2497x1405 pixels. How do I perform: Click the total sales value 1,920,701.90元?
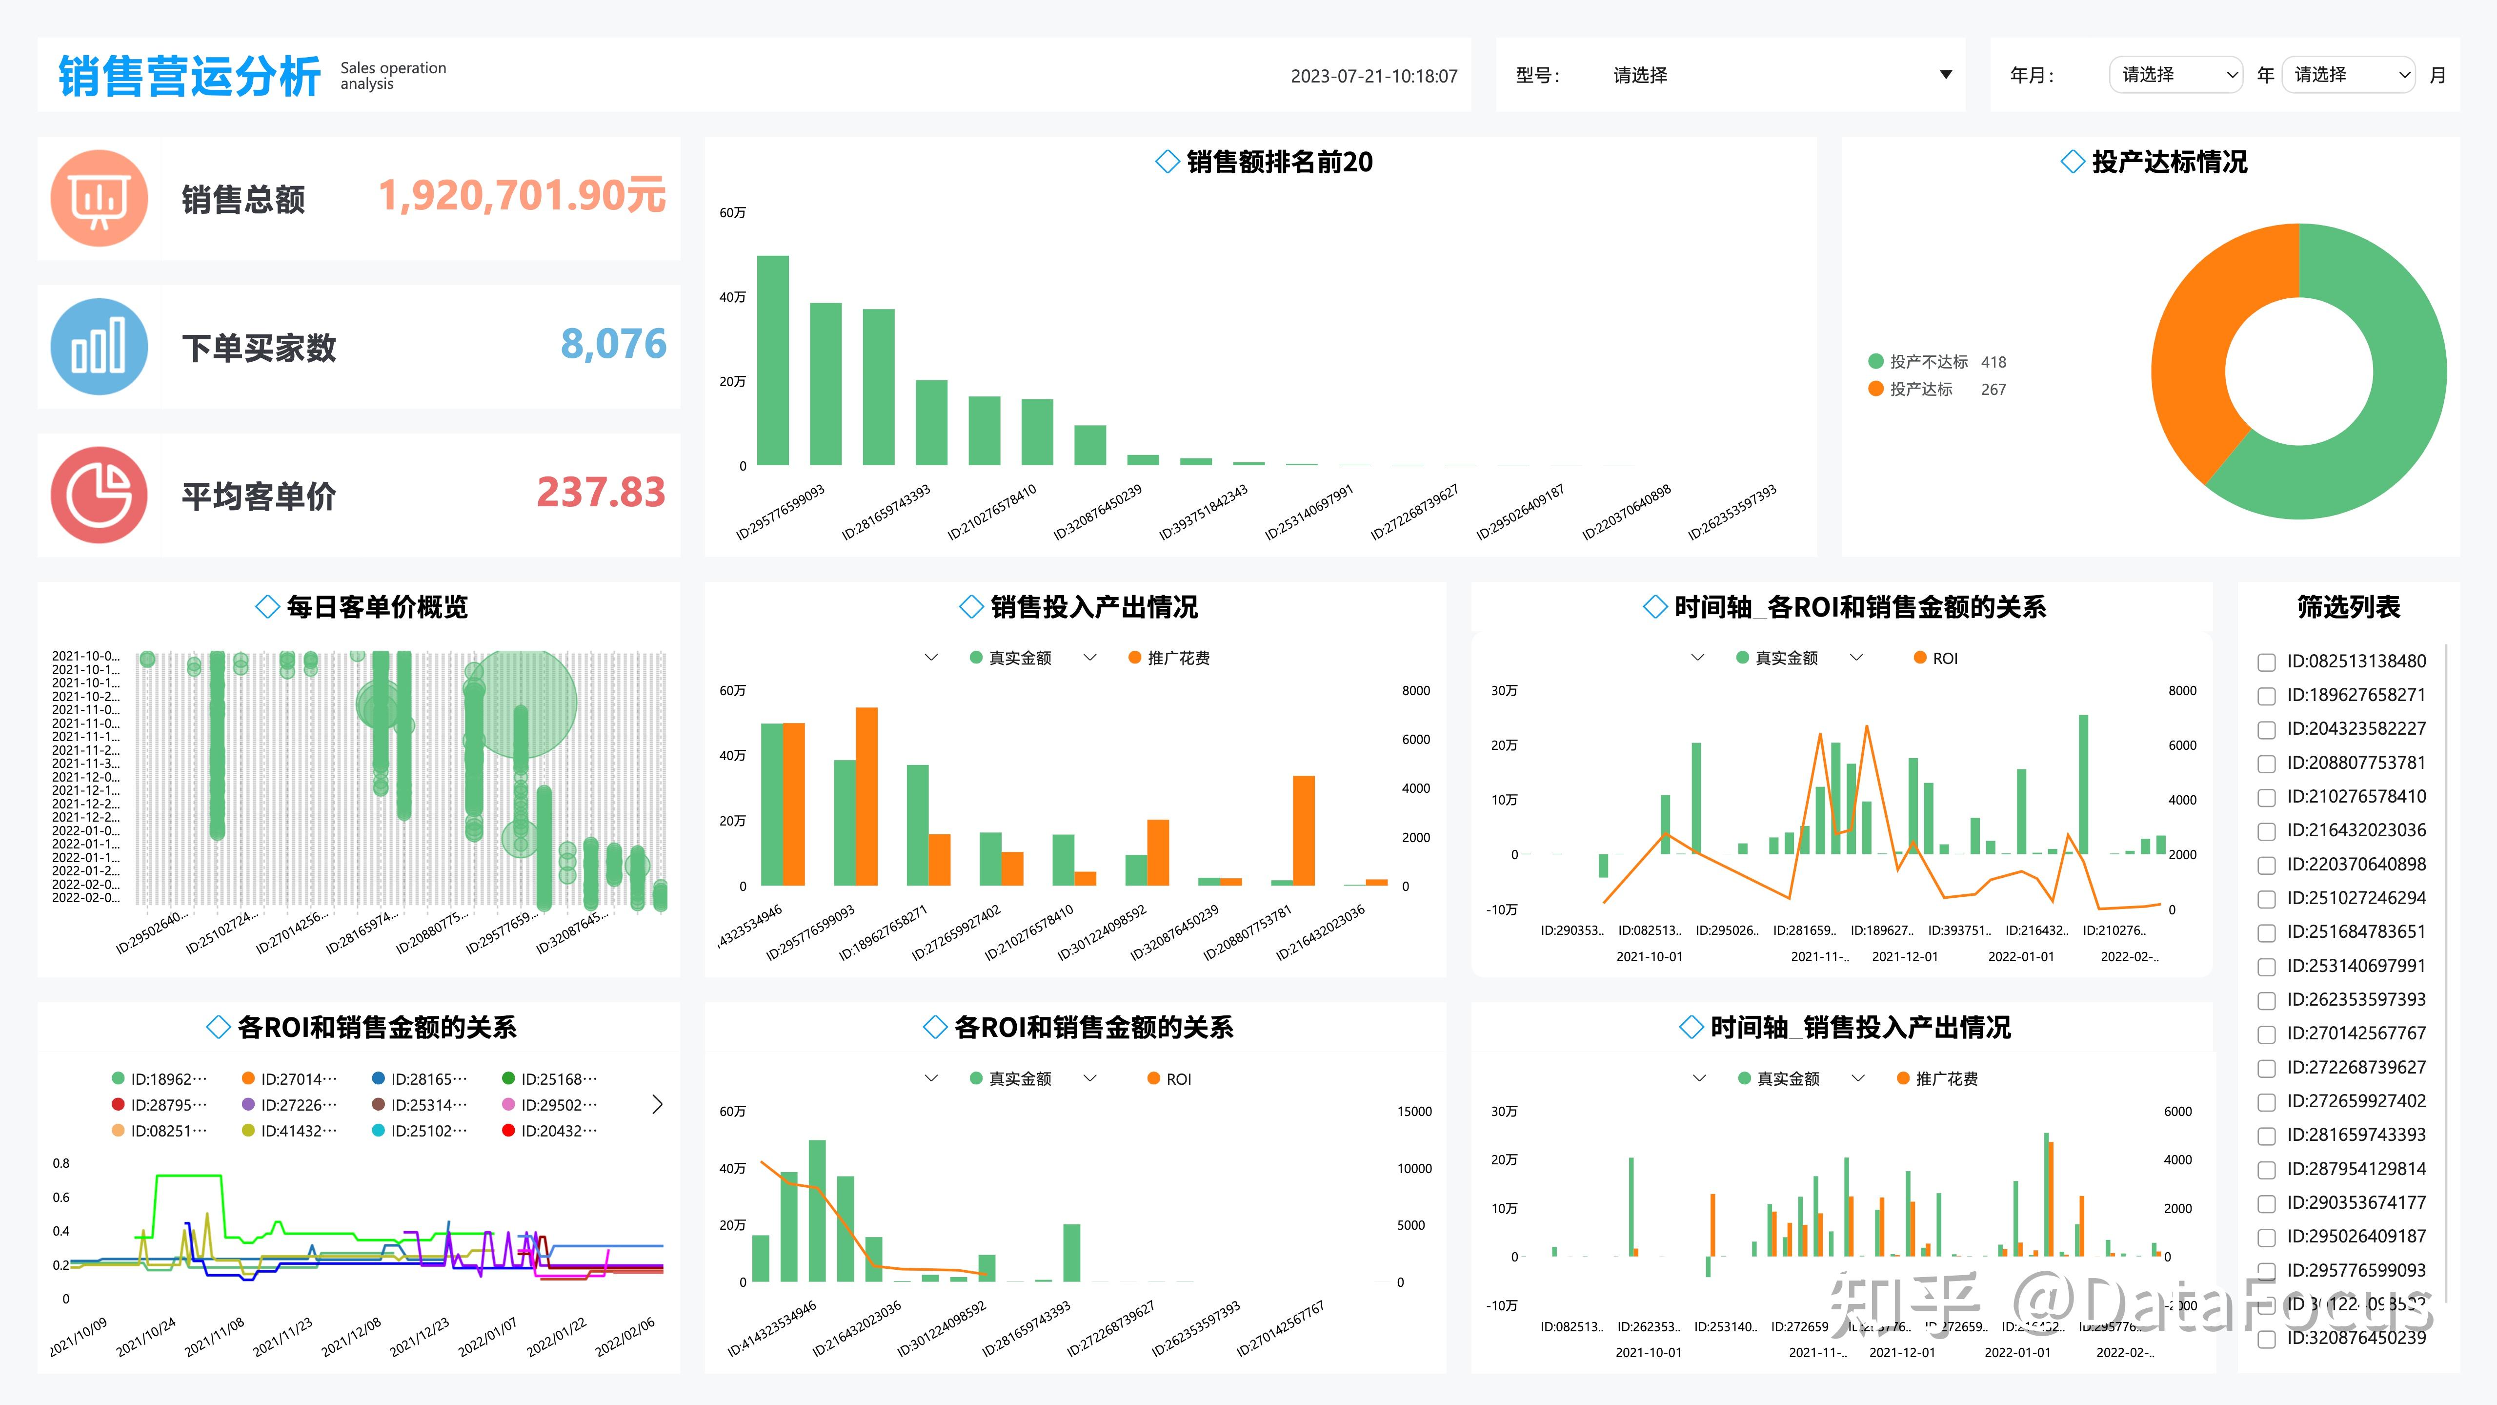coord(522,196)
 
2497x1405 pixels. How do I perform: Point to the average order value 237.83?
coord(601,493)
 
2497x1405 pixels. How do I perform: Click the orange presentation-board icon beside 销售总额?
coord(99,199)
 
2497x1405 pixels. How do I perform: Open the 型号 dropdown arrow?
coord(1945,75)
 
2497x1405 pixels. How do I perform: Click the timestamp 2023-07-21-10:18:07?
coord(1373,76)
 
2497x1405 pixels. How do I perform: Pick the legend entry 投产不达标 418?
coord(1937,362)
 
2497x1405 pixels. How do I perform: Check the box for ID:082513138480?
coord(2266,662)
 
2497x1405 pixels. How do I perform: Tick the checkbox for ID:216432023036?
coord(2266,831)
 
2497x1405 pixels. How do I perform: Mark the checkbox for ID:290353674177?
coord(2266,1203)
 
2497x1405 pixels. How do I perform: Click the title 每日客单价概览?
coord(377,607)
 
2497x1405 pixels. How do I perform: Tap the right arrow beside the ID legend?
coord(657,1104)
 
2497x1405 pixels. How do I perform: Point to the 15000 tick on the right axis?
coord(1413,1111)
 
